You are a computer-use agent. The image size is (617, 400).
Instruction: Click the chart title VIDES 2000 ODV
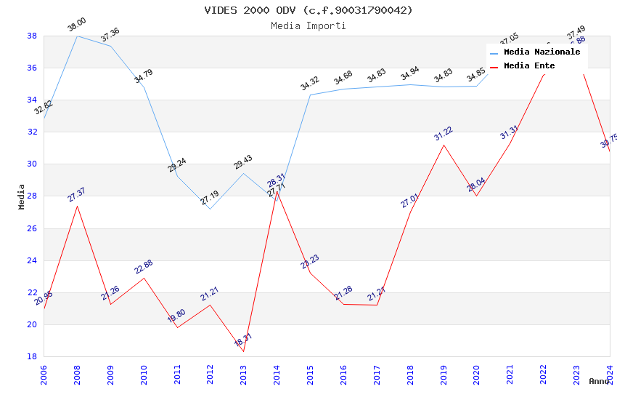coord(308,10)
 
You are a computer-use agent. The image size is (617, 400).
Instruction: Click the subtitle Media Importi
coord(308,25)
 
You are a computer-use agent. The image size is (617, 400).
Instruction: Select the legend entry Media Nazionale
coord(542,52)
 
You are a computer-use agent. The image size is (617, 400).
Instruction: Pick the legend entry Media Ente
coord(529,66)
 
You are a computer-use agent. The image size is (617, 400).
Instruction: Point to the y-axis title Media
coord(22,196)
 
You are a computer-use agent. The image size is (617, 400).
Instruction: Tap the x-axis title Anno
coord(599,381)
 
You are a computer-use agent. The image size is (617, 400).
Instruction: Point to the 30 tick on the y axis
coord(32,164)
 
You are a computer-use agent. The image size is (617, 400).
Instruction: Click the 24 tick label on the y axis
coord(32,260)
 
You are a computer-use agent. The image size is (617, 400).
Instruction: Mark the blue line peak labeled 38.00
coord(77,36)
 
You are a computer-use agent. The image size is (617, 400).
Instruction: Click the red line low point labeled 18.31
coord(243,351)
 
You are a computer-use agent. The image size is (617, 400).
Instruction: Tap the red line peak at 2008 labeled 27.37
coord(77,206)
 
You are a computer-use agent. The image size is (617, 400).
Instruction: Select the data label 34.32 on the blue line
coord(310,84)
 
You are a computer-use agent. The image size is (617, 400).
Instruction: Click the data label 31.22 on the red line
coord(444,133)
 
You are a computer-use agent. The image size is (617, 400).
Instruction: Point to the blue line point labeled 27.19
coord(210,209)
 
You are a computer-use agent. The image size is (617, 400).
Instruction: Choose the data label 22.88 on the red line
coord(144,267)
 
